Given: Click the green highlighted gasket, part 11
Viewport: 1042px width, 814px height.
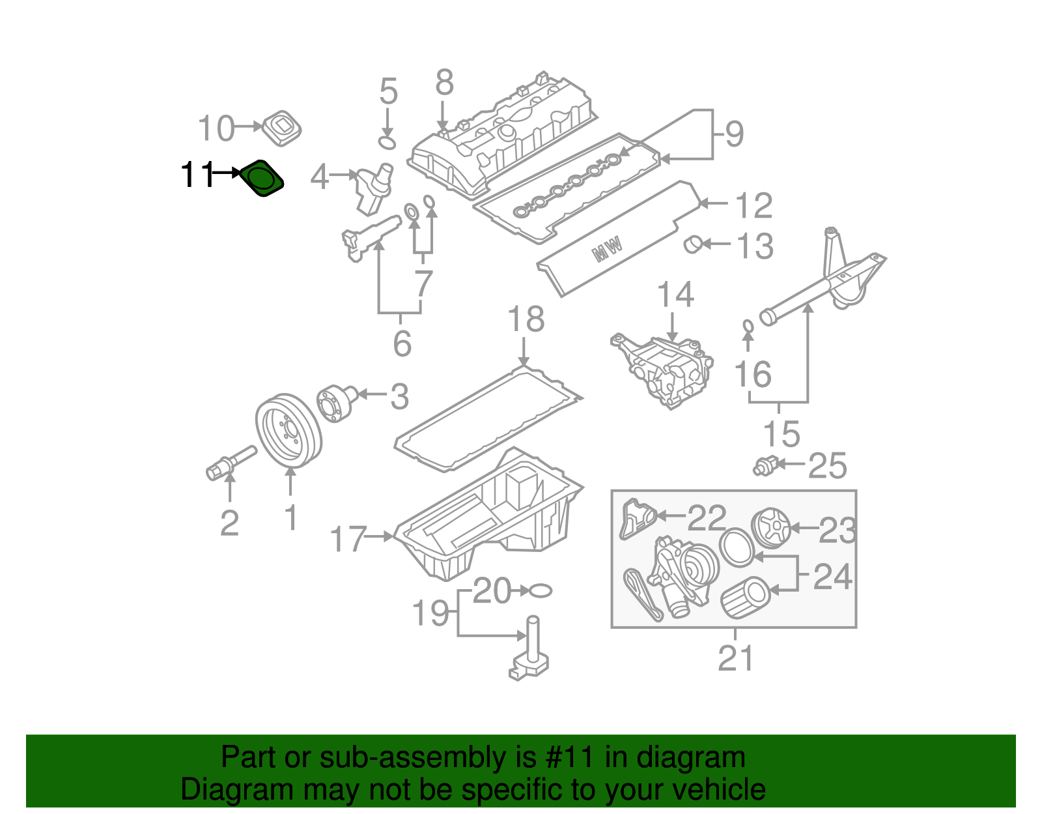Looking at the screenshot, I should (261, 178).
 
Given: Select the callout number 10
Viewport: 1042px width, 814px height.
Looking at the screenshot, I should (216, 128).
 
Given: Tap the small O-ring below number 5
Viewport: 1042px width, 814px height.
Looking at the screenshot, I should (387, 142).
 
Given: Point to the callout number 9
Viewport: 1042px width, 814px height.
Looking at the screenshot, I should (734, 134).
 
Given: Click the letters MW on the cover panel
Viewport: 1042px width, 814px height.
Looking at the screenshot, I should (608, 249).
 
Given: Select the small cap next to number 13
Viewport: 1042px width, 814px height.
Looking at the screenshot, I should (693, 244).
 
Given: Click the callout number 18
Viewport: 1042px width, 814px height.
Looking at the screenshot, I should (526, 320).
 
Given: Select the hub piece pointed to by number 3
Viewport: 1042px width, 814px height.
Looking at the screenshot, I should (337, 403).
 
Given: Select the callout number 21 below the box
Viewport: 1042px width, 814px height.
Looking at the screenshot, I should (735, 658).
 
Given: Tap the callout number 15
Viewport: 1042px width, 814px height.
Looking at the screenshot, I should (781, 434).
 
